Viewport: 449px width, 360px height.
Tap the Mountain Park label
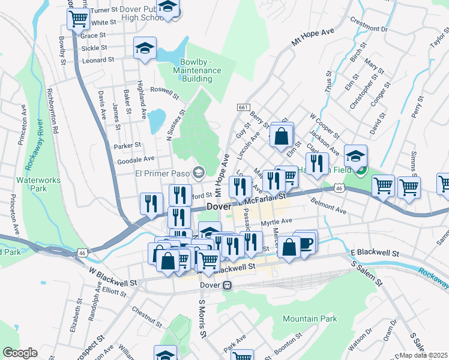tap(310, 319)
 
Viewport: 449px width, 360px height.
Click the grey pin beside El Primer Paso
tap(199, 173)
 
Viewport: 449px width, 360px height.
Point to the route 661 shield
tap(243, 107)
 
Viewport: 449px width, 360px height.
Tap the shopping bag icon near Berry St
tap(281, 135)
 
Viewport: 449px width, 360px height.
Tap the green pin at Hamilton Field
tap(360, 171)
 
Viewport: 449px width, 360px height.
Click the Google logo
tap(20, 353)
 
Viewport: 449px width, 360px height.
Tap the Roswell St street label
tap(164, 92)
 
